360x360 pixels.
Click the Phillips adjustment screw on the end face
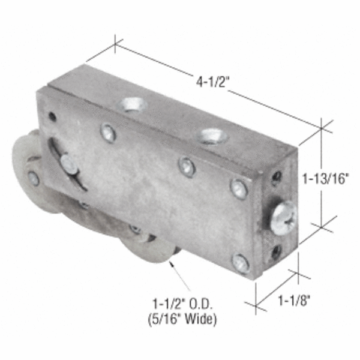point(283,217)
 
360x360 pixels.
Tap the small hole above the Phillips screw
point(277,177)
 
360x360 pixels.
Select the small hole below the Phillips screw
point(277,251)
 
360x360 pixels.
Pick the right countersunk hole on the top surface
point(213,136)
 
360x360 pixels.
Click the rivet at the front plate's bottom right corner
point(241,263)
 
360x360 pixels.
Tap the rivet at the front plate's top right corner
point(239,188)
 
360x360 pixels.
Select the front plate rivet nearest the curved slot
point(108,133)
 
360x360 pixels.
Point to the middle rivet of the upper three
point(187,166)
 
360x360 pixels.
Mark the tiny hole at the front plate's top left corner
point(52,116)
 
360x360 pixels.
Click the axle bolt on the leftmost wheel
point(34,178)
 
